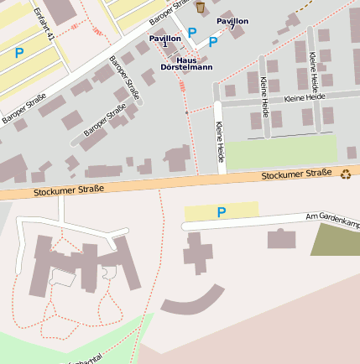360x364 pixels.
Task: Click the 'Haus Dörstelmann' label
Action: pos(186,62)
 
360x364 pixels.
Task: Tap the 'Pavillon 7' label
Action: pos(232,23)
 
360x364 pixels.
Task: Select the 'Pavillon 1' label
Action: pos(164,39)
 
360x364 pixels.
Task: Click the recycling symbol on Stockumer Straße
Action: pos(346,174)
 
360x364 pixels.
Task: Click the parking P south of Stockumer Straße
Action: pos(222,212)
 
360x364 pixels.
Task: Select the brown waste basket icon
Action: pos(200,8)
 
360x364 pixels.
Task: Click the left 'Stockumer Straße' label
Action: pos(69,190)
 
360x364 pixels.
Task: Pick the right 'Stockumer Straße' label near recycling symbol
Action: pos(296,174)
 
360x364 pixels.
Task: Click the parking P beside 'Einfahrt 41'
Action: pos(18,53)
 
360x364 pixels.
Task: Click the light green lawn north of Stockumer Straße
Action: pos(281,153)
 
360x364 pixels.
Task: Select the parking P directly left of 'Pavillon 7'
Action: pos(213,40)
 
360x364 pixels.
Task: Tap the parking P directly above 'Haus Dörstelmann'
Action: pos(192,33)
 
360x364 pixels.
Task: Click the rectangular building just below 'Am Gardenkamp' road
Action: pos(281,239)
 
